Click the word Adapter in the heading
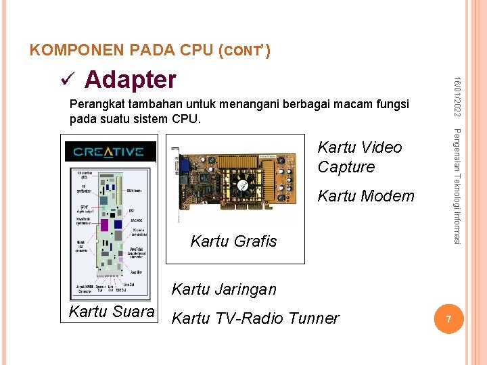[x=130, y=80]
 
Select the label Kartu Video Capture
[x=359, y=157]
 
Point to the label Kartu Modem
[x=365, y=196]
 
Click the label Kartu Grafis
[x=233, y=241]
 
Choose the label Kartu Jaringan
[x=224, y=289]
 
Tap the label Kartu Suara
[x=112, y=312]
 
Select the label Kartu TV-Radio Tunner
[x=255, y=318]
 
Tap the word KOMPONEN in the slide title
[x=68, y=51]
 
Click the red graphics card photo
[x=240, y=178]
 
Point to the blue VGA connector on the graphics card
[x=183, y=165]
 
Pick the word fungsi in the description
[x=390, y=105]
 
